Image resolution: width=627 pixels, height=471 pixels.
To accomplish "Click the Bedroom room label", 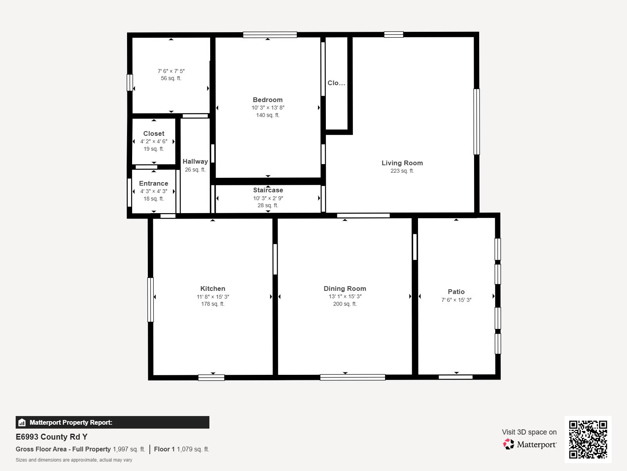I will point(267,100).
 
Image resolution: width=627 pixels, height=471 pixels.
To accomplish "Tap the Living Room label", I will point(402,163).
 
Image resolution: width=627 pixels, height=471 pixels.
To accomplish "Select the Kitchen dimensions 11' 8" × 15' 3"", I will point(213,297).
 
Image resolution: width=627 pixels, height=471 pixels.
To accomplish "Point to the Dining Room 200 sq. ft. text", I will point(345,304).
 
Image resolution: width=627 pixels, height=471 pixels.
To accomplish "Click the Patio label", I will point(456,292).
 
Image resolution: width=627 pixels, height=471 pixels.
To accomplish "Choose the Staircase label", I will point(268,190).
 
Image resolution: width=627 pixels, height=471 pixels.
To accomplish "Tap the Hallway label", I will point(195,161).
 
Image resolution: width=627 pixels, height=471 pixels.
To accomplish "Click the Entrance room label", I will point(153,183).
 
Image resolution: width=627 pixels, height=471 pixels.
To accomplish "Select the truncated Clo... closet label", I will point(336,83).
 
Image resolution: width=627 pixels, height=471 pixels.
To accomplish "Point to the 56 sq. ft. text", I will point(171,78).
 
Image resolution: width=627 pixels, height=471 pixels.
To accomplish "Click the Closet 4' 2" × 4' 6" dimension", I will point(154,141).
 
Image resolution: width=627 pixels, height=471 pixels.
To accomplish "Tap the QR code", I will point(588,439).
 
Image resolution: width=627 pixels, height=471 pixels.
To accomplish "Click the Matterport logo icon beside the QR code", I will point(509,444).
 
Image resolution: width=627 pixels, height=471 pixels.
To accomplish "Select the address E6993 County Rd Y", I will point(51,437).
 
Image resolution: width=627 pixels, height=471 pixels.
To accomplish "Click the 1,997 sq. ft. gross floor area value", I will point(129,449).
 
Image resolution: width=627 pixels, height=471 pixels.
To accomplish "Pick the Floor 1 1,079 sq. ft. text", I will point(182,449).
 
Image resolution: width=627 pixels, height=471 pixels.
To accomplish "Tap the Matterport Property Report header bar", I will point(112,422).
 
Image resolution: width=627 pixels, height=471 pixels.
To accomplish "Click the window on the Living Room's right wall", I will point(476,122).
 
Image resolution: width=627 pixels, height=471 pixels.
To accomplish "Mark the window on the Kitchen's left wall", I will point(150,300).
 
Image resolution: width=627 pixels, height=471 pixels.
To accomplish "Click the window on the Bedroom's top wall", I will point(270,35).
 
